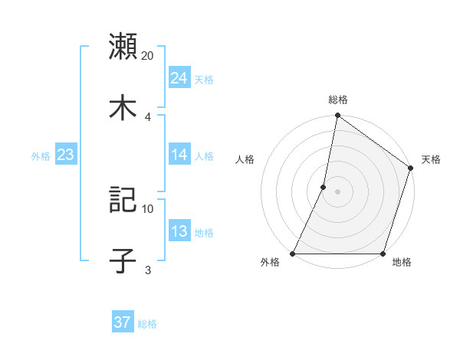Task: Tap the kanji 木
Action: [123, 108]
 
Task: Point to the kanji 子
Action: [123, 261]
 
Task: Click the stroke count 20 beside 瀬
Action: [148, 56]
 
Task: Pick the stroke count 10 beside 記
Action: [148, 208]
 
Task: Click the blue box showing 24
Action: [179, 78]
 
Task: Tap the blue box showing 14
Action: [179, 155]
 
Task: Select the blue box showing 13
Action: [179, 231]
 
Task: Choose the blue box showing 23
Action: [65, 155]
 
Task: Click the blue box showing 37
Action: [122, 322]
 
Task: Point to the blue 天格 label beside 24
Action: [204, 80]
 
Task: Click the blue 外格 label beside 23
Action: [41, 156]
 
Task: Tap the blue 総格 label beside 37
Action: [147, 324]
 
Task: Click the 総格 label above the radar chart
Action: [337, 100]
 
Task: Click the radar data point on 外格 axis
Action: [293, 254]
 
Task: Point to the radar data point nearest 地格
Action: [382, 254]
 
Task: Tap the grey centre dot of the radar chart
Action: [337, 191]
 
